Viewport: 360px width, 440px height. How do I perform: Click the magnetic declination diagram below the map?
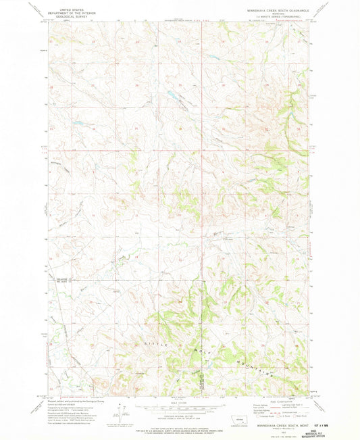click(120, 409)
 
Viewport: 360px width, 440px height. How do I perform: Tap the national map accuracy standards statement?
click(179, 426)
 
